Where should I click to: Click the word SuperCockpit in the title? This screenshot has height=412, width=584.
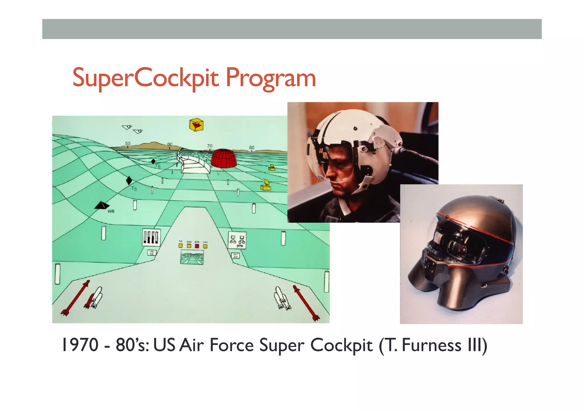tap(145, 78)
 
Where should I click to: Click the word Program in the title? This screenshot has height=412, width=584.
tap(271, 78)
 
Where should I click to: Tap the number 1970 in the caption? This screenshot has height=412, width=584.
tap(80, 345)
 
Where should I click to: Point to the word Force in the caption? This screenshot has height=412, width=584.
tap(232, 345)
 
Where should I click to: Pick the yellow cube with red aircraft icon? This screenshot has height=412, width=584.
tap(196, 125)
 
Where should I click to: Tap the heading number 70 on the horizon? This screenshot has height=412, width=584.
tap(210, 146)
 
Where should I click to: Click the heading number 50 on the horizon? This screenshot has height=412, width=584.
tap(128, 144)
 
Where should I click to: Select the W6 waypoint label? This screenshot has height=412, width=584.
tap(111, 211)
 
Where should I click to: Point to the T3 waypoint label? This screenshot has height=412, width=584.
tap(134, 188)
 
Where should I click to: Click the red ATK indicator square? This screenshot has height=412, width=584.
tap(197, 246)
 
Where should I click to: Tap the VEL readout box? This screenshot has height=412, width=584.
tap(152, 253)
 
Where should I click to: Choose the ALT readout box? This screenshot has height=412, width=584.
tap(236, 255)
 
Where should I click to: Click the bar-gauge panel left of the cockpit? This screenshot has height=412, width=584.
tap(151, 237)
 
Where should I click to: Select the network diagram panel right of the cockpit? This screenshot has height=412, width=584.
tap(237, 240)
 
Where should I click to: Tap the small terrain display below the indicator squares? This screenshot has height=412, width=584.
tap(192, 257)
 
